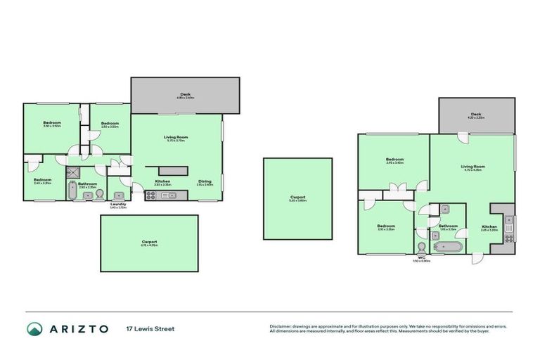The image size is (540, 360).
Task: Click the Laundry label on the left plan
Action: [x=118, y=205]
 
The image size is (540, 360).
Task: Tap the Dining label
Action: [x=205, y=182]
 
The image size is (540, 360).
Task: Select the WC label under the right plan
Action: [x=422, y=257]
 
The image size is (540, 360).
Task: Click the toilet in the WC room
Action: [x=421, y=247]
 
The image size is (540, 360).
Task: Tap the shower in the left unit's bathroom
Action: [x=73, y=171]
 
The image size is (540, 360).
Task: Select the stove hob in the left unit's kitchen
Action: [x=150, y=195]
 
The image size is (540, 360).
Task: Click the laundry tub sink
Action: [x=119, y=195]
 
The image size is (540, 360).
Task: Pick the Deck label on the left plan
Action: [x=185, y=94]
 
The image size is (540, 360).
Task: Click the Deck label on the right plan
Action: [x=476, y=114]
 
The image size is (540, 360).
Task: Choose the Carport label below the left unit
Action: [x=149, y=241]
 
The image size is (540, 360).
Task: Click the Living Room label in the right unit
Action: [x=475, y=167]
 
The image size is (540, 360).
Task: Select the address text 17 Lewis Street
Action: [x=150, y=328]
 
